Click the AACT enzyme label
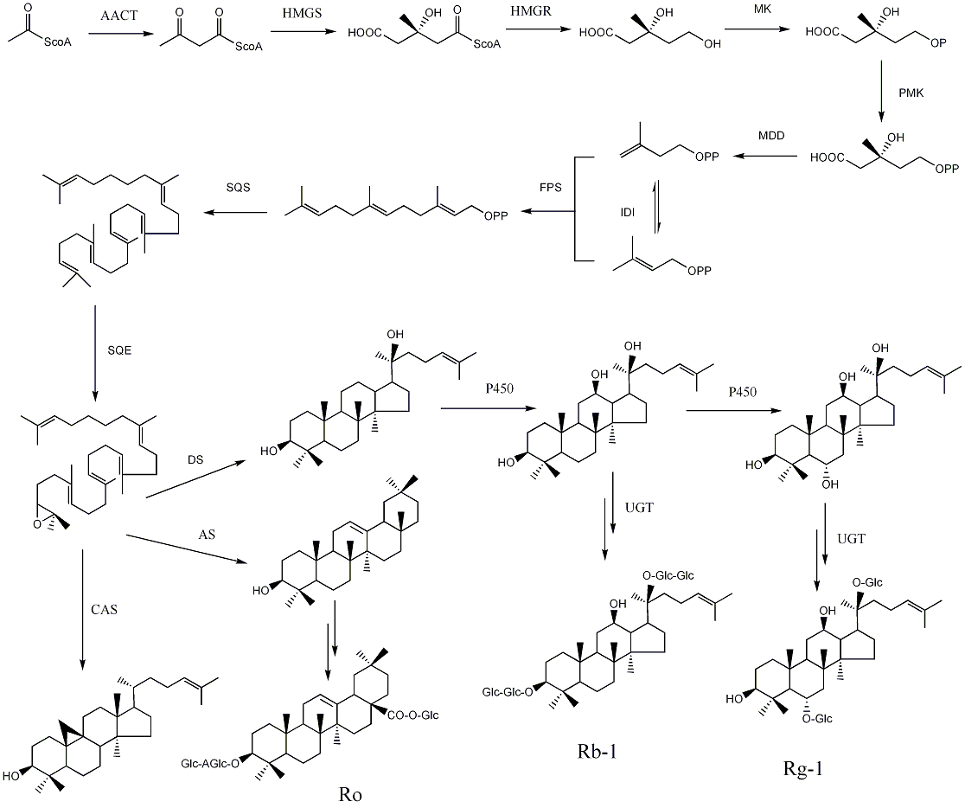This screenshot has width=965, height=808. (x=118, y=16)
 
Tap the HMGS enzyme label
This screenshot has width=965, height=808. (x=302, y=13)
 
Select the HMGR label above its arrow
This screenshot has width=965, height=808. (x=531, y=11)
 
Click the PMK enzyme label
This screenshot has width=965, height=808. (x=911, y=93)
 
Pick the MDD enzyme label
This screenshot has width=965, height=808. (x=772, y=136)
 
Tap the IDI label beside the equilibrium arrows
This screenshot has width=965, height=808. (x=627, y=213)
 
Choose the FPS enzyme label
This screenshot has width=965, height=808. (x=551, y=187)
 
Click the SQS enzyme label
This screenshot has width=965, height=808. (x=238, y=187)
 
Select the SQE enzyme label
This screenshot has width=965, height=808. (x=119, y=350)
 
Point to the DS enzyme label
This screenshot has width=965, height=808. (x=195, y=459)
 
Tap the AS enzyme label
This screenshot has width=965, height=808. (x=207, y=534)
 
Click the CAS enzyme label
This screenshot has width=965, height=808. (x=104, y=610)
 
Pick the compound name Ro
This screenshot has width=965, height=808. (x=350, y=794)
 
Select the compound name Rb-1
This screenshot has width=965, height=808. (x=597, y=752)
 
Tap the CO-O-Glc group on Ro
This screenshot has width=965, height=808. (x=413, y=715)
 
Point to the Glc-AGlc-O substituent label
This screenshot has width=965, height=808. (x=210, y=764)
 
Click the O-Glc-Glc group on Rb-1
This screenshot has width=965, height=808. (x=668, y=575)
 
